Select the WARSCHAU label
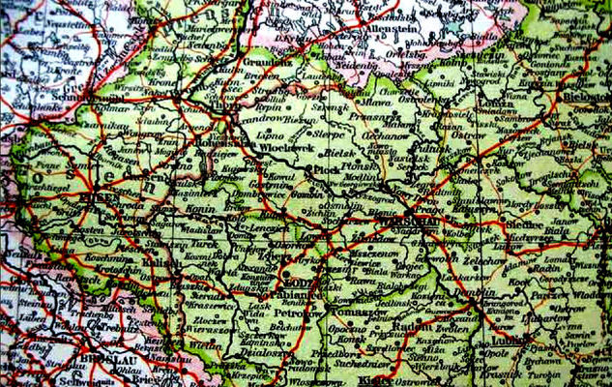(415, 221)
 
